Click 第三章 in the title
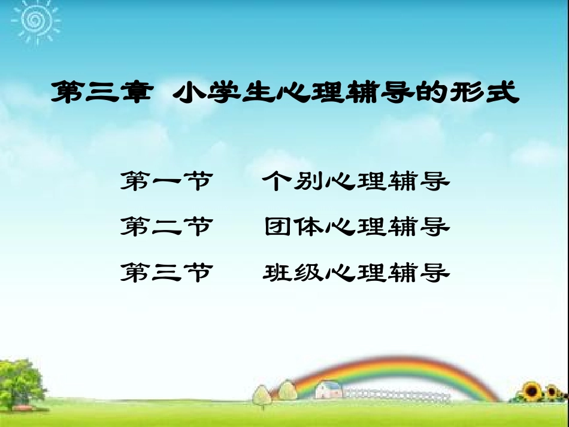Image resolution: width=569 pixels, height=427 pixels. (99, 93)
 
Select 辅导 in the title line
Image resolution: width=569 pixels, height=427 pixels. (393, 93)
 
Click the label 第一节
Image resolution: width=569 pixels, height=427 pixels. (166, 180)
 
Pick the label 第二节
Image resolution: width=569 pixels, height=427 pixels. (166, 227)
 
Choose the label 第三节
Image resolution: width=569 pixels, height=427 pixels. (166, 273)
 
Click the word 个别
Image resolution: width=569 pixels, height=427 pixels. (293, 180)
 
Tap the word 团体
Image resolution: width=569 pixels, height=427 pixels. (293, 227)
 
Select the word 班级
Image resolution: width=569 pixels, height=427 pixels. (293, 273)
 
